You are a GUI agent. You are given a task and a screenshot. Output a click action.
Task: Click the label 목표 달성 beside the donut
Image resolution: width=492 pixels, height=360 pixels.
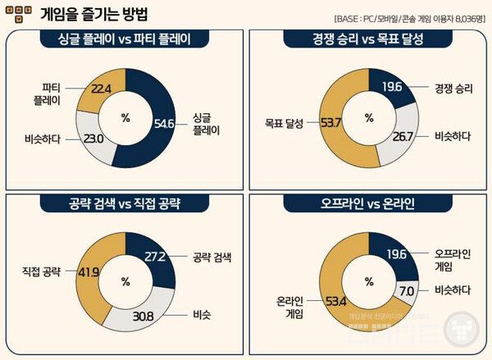tap(283, 123)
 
